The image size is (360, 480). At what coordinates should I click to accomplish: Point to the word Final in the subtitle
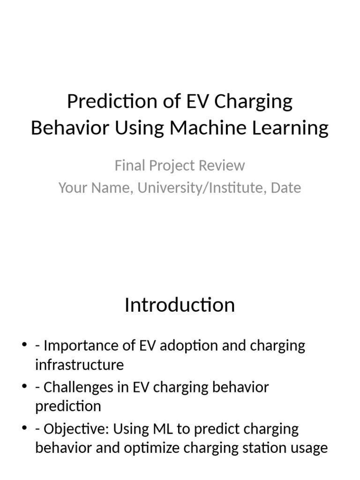click(x=127, y=165)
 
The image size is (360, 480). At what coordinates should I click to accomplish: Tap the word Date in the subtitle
click(x=286, y=188)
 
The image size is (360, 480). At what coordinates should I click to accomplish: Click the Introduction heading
click(x=180, y=305)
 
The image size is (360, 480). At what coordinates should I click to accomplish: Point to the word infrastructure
click(x=79, y=364)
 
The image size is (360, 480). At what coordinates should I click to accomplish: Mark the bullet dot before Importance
click(x=24, y=346)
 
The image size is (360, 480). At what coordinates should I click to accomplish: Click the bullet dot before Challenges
click(x=24, y=387)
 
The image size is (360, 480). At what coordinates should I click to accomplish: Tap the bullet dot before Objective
click(x=24, y=429)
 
